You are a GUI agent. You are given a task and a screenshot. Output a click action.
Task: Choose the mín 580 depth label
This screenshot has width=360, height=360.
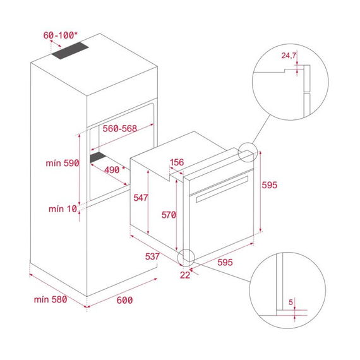pos(50,299)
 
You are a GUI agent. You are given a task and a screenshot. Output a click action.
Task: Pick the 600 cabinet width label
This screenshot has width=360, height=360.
pos(124,301)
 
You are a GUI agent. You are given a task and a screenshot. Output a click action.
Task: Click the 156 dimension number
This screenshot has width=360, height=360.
pos(177,162)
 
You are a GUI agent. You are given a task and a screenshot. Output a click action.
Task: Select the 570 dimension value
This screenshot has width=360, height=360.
pos(168,215)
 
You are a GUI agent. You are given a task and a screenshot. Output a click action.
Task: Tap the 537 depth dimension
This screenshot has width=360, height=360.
pos(152,256)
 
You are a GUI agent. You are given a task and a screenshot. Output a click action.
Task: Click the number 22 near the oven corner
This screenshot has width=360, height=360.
pos(184,274)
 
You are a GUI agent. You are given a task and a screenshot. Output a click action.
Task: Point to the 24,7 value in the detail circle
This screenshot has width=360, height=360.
pos(289,56)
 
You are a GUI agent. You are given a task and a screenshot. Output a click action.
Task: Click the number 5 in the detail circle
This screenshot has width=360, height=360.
pos(291,302)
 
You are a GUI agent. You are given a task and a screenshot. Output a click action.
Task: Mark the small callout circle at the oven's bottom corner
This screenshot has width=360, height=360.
pos(186,256)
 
